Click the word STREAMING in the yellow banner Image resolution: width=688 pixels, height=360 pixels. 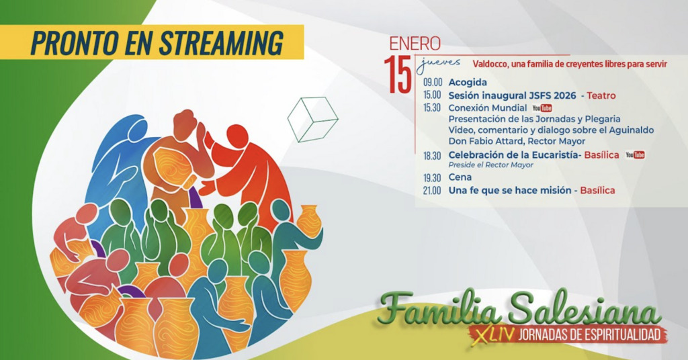221,42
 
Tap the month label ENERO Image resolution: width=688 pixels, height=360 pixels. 415,44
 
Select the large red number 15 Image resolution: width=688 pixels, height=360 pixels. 398,74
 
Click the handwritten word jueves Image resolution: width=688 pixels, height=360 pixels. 438,64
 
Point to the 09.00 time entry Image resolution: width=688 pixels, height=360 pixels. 432,83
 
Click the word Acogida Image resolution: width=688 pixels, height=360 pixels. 468,83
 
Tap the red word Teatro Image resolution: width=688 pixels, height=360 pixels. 601,95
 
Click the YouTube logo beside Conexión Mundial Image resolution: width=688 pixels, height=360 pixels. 542,108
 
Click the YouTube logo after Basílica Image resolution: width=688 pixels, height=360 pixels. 635,154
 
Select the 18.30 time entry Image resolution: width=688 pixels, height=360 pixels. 432,156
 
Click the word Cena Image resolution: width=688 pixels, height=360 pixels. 460,177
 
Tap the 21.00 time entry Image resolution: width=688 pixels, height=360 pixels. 432,191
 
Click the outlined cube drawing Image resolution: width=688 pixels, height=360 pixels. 313,120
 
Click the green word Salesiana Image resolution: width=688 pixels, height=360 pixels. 584,310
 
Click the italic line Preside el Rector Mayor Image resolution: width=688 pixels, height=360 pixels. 490,165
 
